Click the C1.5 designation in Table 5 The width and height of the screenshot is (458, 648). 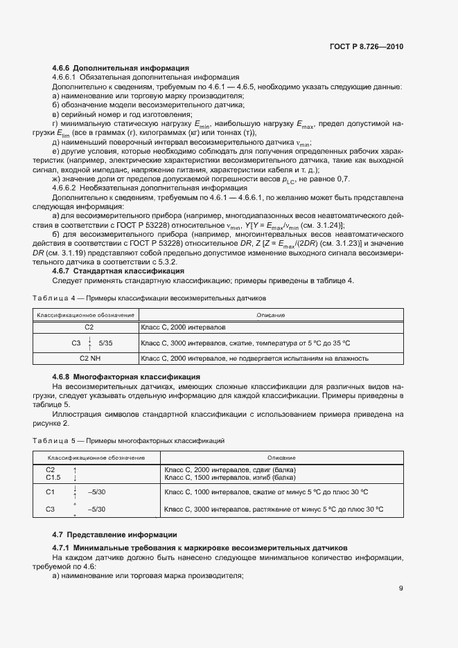tap(53, 477)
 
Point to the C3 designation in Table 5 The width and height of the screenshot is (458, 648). tap(50, 510)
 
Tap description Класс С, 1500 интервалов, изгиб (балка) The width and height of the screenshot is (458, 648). tap(229, 477)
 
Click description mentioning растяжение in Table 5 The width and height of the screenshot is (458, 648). tap(273, 510)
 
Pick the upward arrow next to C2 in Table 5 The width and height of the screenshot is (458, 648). tap(74, 470)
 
